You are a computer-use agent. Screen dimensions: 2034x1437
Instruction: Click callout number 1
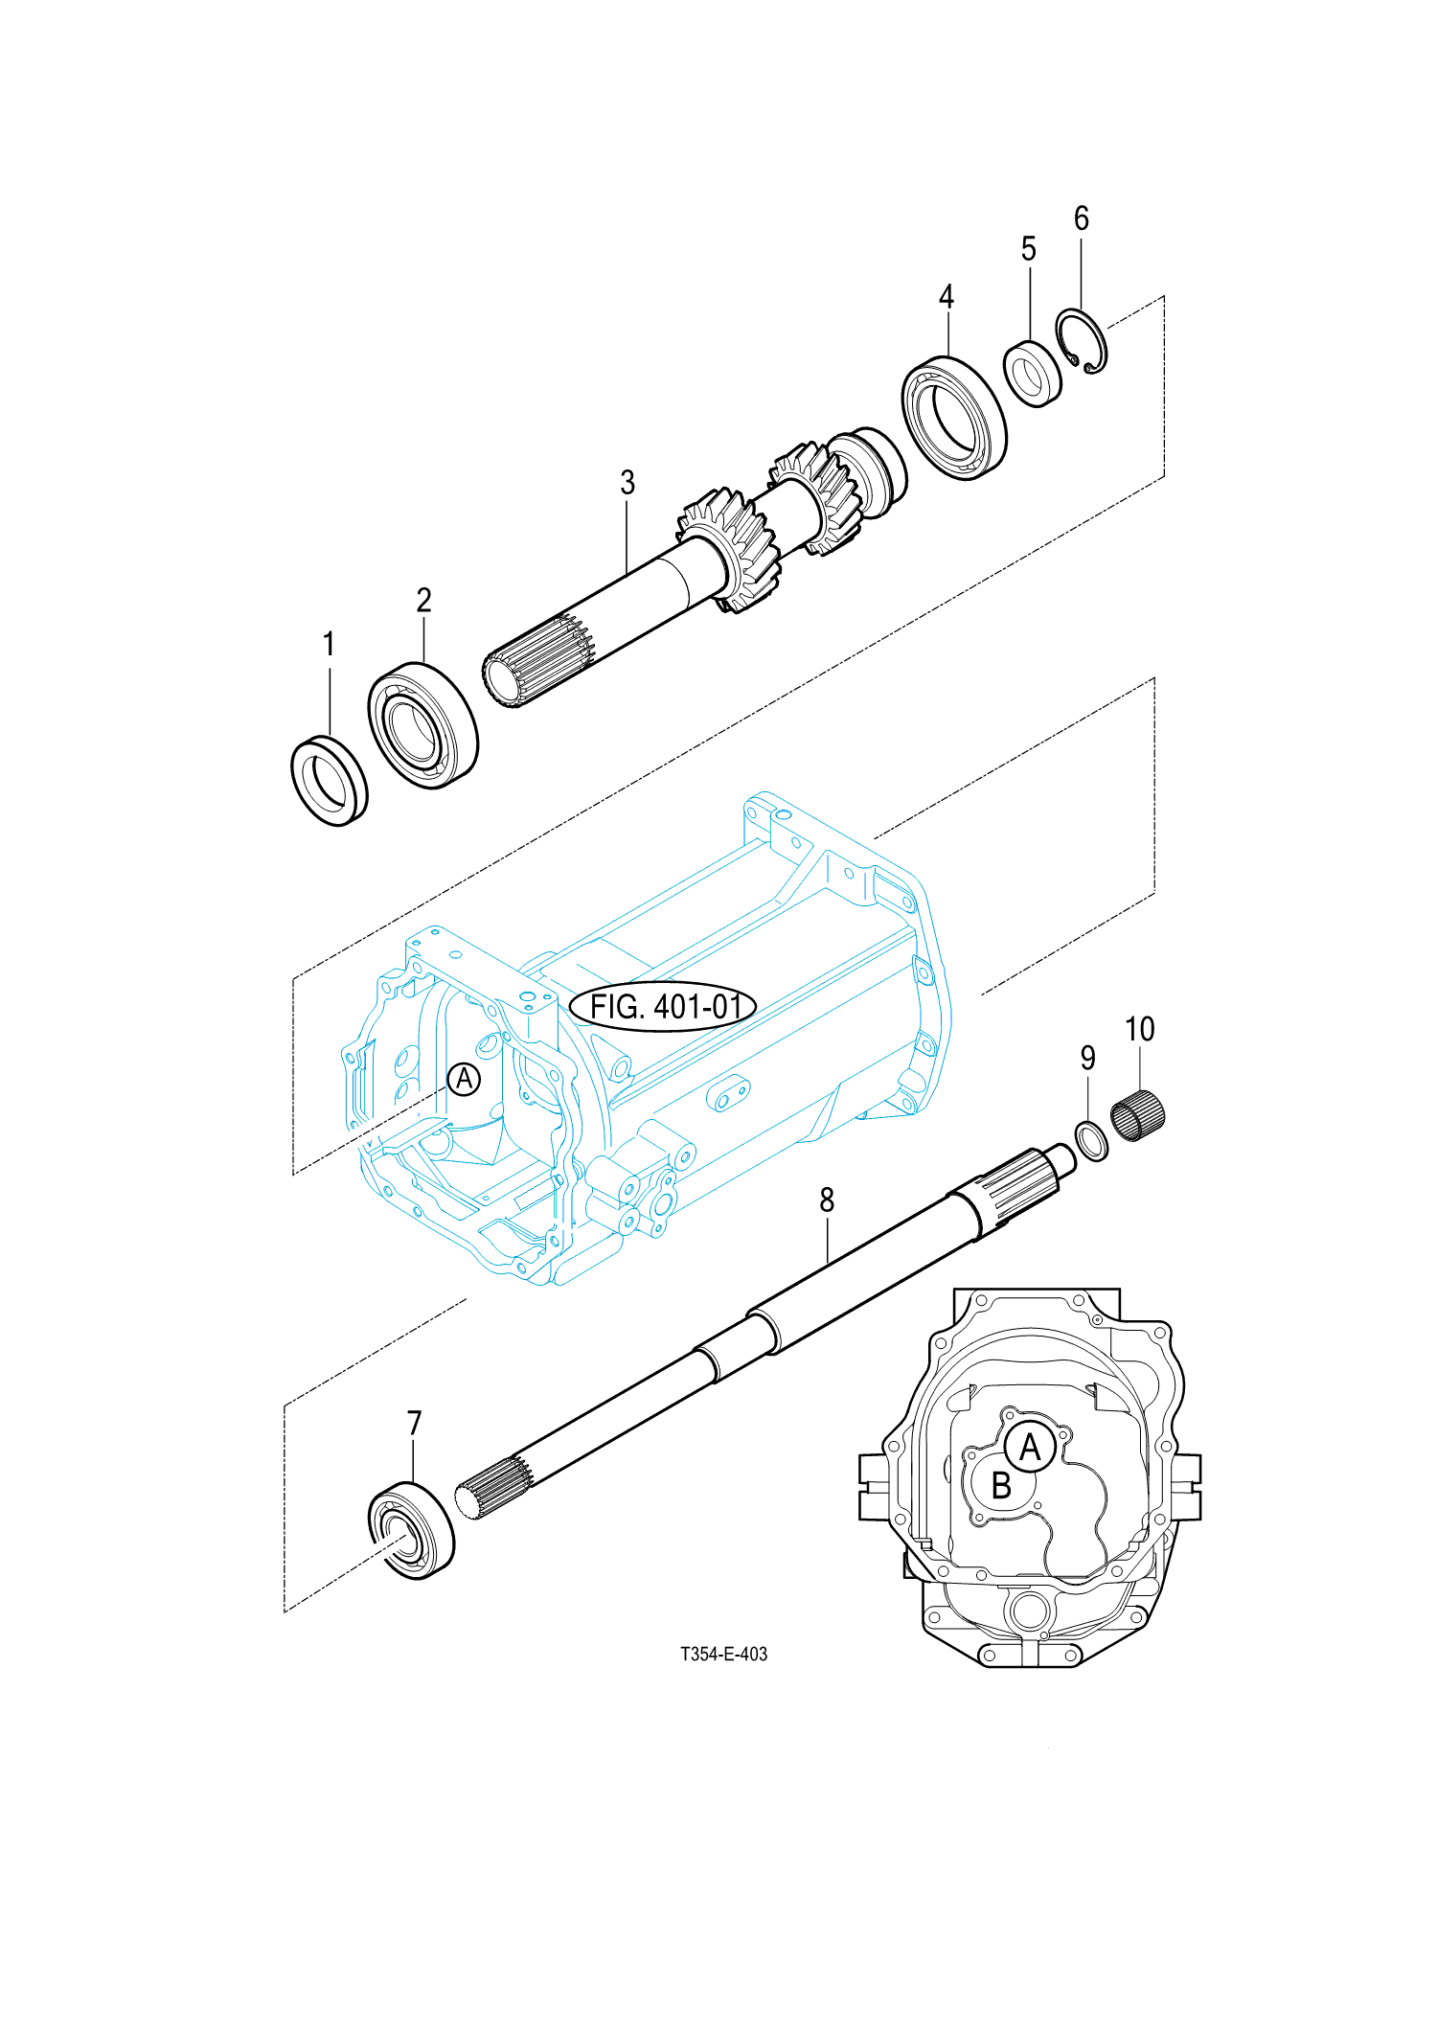tap(329, 644)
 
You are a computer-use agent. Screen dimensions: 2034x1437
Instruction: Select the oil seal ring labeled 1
tap(329, 781)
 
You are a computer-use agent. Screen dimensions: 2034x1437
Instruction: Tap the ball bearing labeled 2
tap(422, 724)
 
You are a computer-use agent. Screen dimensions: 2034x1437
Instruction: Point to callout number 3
tap(627, 483)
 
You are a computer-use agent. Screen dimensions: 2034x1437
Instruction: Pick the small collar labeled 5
tap(1033, 374)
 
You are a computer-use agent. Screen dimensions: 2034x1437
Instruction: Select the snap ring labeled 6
tap(1083, 342)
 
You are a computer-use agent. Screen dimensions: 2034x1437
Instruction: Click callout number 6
tap(1081, 218)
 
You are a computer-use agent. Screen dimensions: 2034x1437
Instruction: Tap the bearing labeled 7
tap(412, 1529)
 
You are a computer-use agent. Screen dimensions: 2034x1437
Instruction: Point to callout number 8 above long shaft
tap(827, 1200)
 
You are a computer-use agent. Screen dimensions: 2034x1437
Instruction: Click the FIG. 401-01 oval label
tap(663, 1006)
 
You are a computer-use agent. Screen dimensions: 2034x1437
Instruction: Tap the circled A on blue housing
tap(464, 1080)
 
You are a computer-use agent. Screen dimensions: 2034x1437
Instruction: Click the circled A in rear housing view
tap(1030, 1447)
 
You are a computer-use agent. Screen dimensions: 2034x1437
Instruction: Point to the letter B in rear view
tap(1001, 1486)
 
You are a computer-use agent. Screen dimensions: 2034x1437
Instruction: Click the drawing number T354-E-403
tap(723, 1655)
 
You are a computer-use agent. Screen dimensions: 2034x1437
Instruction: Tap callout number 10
tap(1139, 1030)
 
